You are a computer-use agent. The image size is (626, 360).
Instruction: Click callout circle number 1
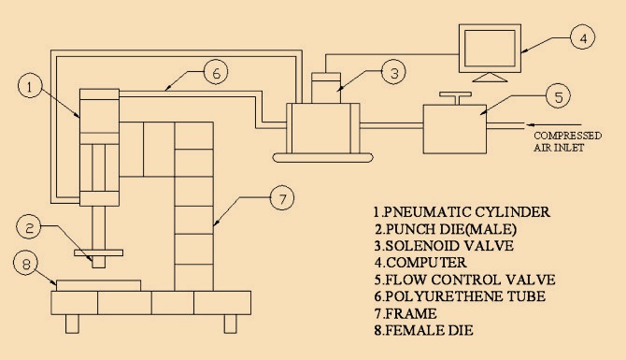(x=32, y=87)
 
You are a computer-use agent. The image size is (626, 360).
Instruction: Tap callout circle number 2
(x=31, y=227)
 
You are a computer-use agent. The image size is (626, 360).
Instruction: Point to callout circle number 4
(x=582, y=39)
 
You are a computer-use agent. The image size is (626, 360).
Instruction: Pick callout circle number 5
(x=556, y=95)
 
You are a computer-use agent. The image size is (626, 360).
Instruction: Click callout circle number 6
(x=215, y=70)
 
